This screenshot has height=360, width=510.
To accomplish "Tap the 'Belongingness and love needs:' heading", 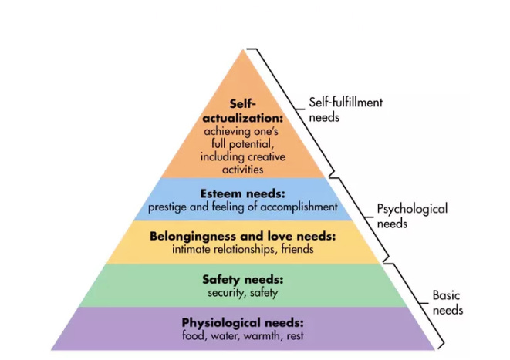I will (245, 237).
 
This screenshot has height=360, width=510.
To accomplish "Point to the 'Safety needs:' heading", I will (243, 280).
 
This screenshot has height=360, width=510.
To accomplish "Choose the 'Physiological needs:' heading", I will (242, 321).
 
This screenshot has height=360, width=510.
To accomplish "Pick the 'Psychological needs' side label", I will (411, 215).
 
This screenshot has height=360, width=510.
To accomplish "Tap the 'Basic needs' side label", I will (447, 302).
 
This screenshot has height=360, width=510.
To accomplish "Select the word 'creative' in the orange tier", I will (266, 156).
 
